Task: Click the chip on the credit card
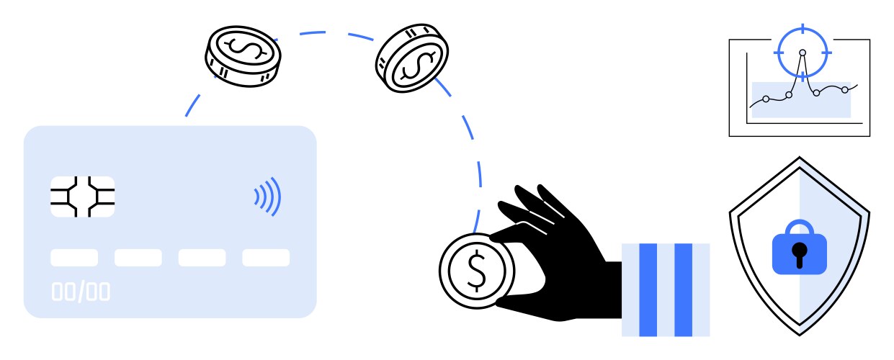(83, 197)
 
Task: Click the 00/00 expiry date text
(81, 292)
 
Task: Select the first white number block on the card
(74, 258)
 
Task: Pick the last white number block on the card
(266, 258)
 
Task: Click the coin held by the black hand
(477, 271)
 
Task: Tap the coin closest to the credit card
(243, 56)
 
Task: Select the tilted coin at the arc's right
(412, 58)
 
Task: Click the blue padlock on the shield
(800, 248)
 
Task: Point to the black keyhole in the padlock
(800, 255)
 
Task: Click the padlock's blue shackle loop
(800, 227)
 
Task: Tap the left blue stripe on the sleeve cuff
(648, 289)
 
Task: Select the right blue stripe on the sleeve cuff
(683, 289)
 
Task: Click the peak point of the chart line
(803, 53)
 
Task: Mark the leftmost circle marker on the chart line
(766, 99)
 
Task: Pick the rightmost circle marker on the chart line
(845, 90)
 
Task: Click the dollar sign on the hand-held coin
(476, 271)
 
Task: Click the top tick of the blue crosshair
(803, 29)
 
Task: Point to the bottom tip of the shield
(800, 335)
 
